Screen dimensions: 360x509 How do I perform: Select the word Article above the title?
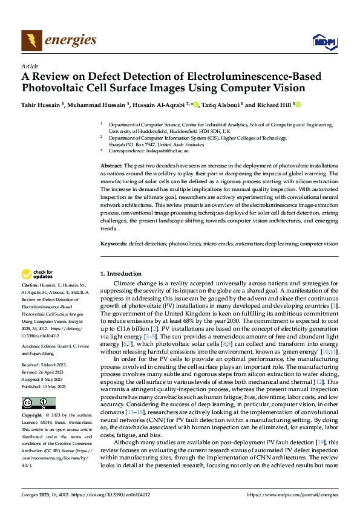pyautogui.click(x=30, y=66)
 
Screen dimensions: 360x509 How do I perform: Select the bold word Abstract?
pyautogui.click(x=112, y=166)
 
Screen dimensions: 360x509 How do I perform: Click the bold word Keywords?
pyautogui.click(x=113, y=244)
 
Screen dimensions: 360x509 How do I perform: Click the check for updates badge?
pyautogui.click(x=39, y=275)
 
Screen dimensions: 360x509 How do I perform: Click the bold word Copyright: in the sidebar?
pyautogui.click(x=33, y=417)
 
